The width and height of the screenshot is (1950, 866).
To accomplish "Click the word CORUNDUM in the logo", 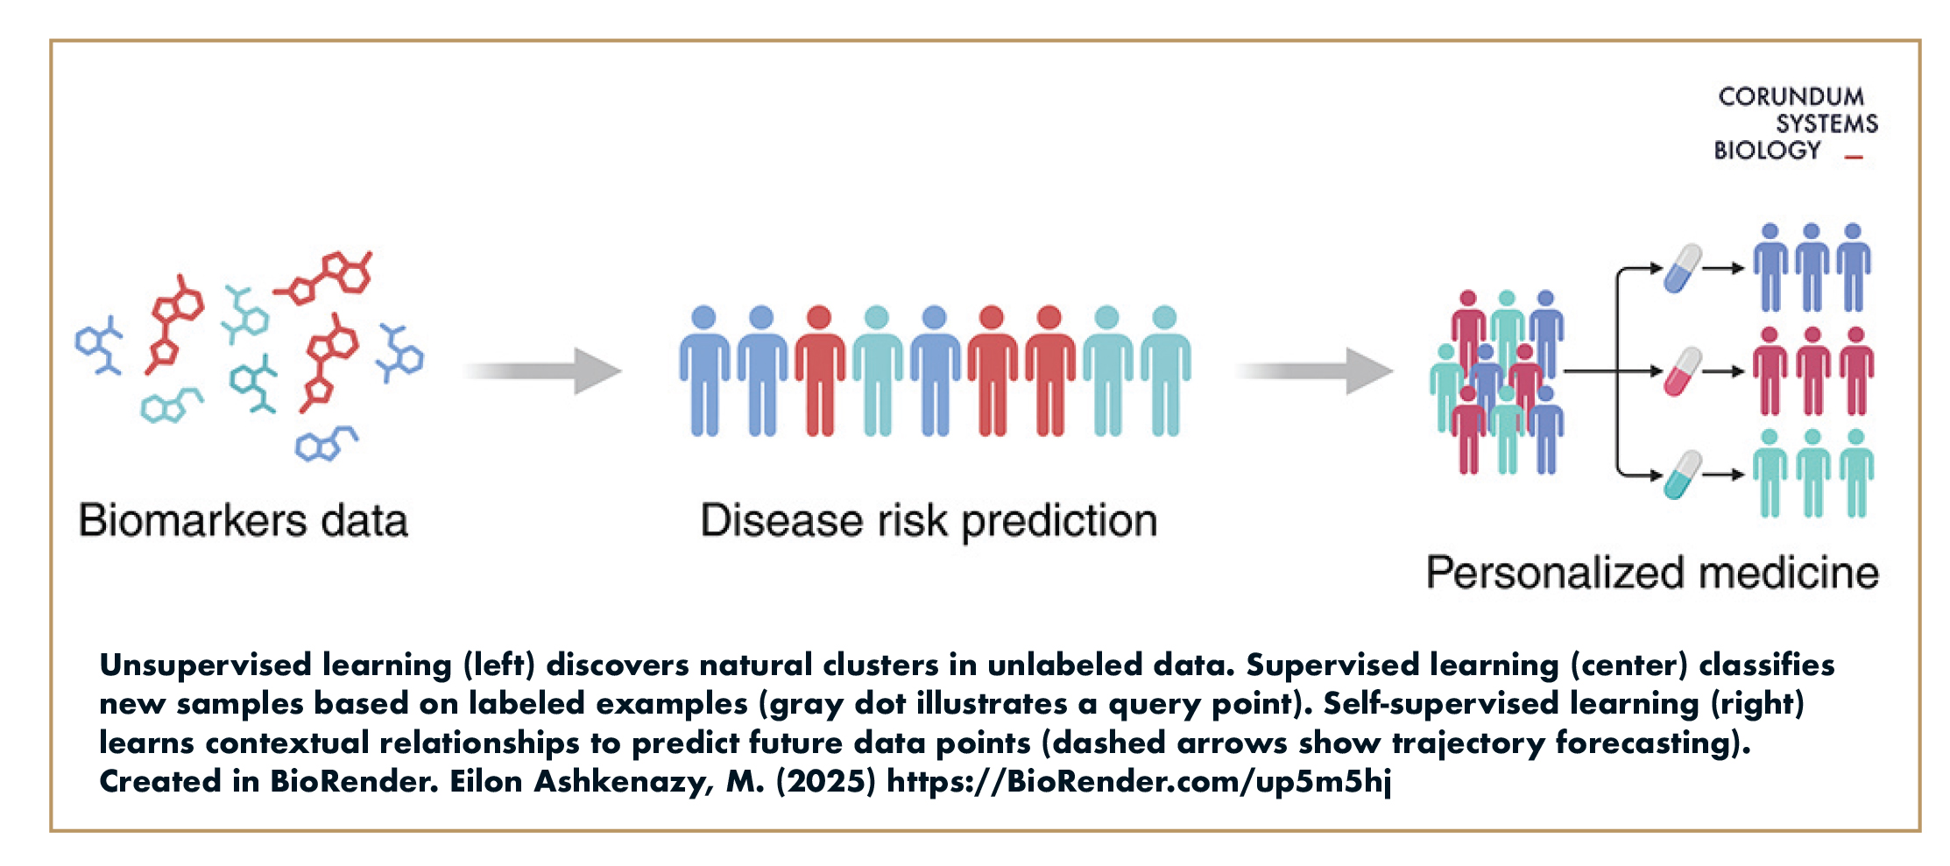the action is [x=1791, y=96].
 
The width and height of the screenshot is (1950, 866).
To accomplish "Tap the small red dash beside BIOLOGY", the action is [x=1854, y=158].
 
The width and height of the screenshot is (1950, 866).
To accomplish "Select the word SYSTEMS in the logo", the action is [x=1827, y=123].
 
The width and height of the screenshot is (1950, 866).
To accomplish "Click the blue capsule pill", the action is [x=1683, y=268].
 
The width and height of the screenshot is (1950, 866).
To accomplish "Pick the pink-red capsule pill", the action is [x=1683, y=371].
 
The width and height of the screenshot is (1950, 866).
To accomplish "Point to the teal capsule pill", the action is [x=1683, y=475].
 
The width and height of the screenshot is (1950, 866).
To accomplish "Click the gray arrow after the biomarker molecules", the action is [x=543, y=371].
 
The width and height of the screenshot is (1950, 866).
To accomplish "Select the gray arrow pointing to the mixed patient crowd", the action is [x=1315, y=371].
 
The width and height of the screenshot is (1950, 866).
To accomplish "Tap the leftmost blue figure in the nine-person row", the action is [x=704, y=371].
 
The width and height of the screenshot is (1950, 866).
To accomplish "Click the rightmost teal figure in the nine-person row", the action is [x=1165, y=371].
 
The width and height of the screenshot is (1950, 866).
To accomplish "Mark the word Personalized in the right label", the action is [x=1556, y=573].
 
